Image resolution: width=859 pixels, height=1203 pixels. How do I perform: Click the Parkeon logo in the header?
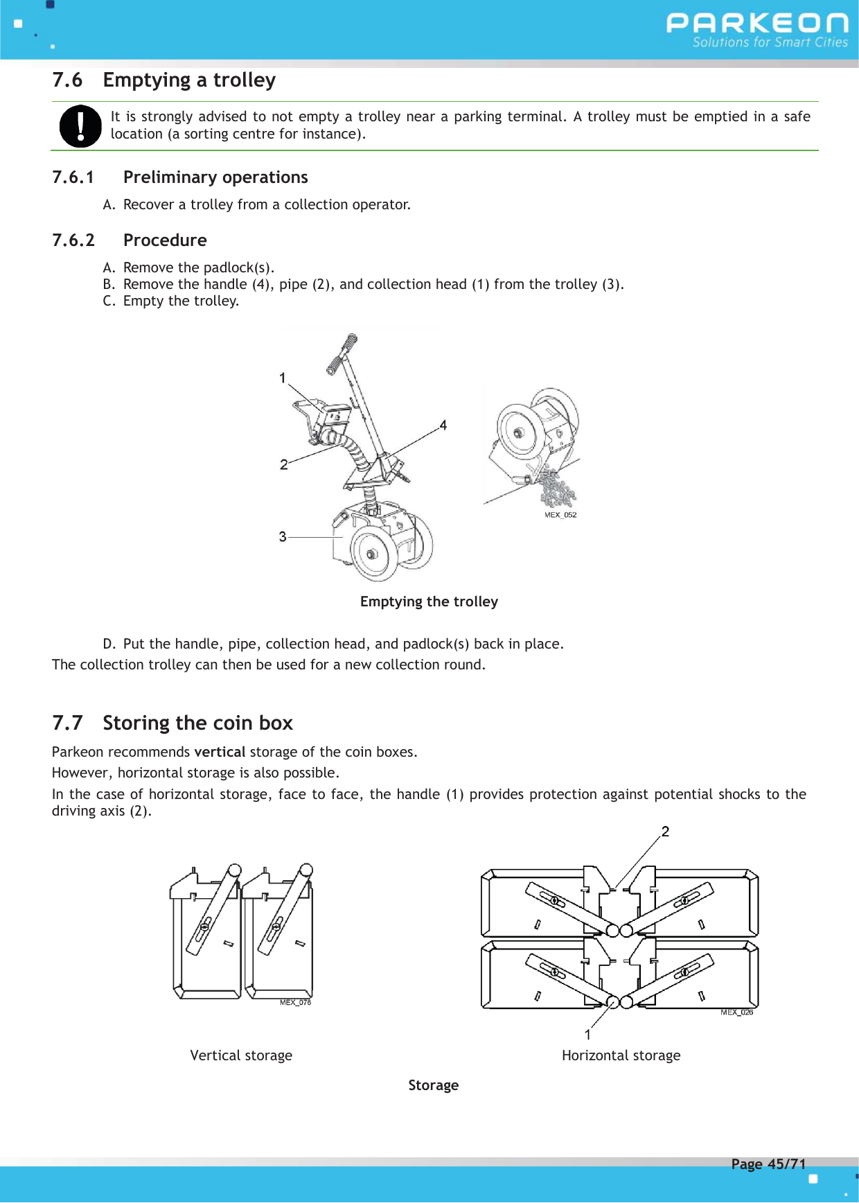756,29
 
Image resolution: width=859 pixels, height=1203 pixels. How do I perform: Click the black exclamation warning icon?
80,126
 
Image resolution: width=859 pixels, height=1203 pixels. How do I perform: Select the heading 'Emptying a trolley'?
188,80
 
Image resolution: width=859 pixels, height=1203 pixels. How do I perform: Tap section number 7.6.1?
73,177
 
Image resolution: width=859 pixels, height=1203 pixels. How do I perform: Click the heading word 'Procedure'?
165,240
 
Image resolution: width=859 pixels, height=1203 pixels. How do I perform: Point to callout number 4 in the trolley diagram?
443,425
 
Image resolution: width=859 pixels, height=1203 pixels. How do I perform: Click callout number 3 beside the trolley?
283,536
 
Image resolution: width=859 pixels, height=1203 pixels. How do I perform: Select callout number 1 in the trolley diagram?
283,378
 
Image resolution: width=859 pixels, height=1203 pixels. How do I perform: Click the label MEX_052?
560,515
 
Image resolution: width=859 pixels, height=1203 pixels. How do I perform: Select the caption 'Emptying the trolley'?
429,601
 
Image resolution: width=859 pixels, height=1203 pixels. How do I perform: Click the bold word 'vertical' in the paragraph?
220,752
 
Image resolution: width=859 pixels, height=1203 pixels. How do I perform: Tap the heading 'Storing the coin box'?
197,723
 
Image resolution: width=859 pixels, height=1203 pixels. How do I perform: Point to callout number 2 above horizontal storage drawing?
665,832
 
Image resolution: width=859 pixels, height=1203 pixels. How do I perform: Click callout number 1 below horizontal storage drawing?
587,1035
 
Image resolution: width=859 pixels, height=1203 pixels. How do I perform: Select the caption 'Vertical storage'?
241,1055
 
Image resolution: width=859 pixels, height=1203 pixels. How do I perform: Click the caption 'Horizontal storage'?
621,1055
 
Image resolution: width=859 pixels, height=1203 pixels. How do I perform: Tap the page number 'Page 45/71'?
768,1164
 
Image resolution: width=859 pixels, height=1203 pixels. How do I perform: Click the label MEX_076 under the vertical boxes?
295,1003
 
